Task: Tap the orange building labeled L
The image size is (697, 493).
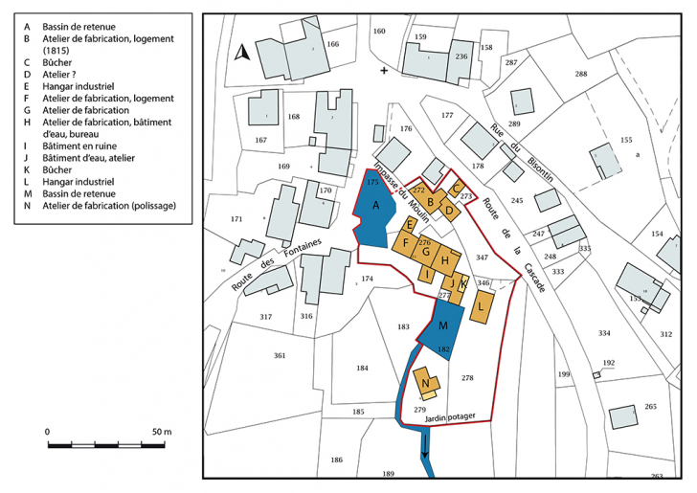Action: (481, 306)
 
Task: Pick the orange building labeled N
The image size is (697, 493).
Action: (426, 384)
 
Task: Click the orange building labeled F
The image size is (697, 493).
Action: (406, 243)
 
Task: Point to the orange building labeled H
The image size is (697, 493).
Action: (446, 259)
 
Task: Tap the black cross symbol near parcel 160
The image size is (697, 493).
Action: (385, 71)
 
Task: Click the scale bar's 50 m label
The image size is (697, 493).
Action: (160, 433)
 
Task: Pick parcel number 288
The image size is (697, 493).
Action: (580, 74)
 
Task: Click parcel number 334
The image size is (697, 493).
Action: (603, 333)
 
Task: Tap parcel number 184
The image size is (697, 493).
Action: (361, 369)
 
